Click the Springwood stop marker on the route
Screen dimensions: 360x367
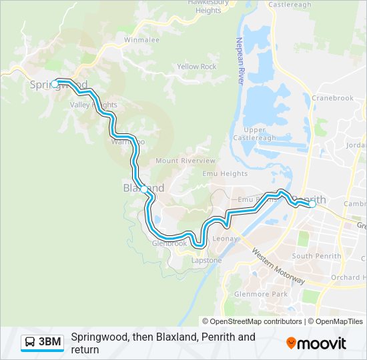55,83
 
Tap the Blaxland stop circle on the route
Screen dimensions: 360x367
144,190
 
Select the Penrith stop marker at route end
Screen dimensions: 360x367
312,205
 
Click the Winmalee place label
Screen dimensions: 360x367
141,40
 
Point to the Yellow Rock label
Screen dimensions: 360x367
196,67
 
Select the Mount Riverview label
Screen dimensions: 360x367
186,161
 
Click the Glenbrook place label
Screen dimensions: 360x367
169,244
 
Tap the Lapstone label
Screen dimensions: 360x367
207,261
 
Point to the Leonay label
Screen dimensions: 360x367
224,239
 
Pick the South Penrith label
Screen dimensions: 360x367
312,256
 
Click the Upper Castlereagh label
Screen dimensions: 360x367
259,133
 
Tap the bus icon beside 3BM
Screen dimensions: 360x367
30,343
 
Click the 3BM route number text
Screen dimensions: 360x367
51,343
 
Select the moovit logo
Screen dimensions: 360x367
316,343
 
